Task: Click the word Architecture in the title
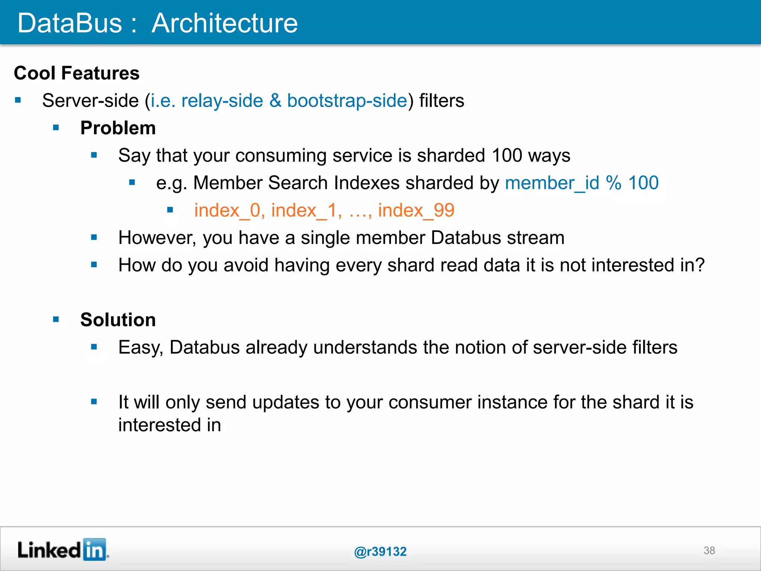224,23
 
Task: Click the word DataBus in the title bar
70,23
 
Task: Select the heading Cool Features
77,73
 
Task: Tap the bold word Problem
118,128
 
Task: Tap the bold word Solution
118,320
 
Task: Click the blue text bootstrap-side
347,101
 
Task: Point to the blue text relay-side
222,101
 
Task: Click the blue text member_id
552,183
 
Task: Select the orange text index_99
416,210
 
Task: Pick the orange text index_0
229,210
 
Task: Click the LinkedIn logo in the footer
62,550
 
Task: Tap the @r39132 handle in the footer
380,551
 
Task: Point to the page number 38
709,550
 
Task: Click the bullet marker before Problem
56,128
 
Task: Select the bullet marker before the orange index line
170,210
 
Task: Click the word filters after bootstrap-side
441,101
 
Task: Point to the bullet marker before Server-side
18,100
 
